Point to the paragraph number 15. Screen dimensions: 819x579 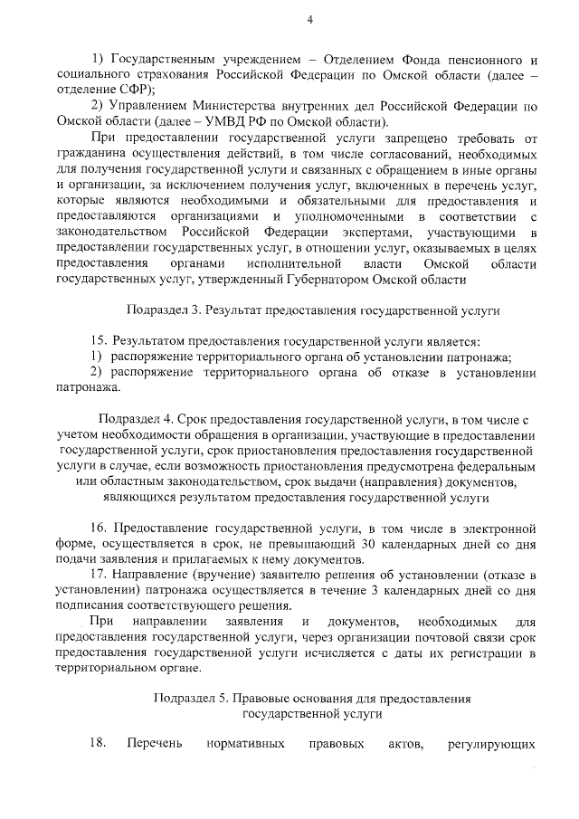point(100,342)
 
